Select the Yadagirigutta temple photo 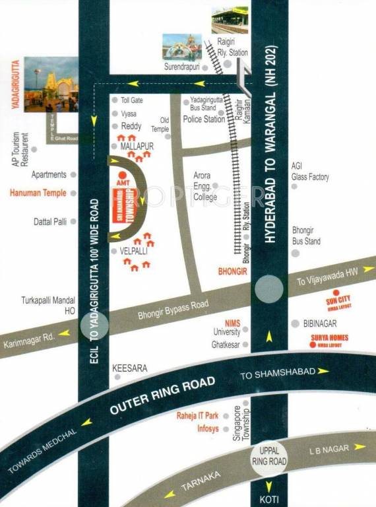coord(51,84)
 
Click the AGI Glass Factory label coord(309,172)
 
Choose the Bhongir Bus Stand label coord(307,236)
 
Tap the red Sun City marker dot coord(336,292)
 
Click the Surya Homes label coord(330,338)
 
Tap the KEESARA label coord(129,367)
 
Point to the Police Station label coord(203,119)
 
